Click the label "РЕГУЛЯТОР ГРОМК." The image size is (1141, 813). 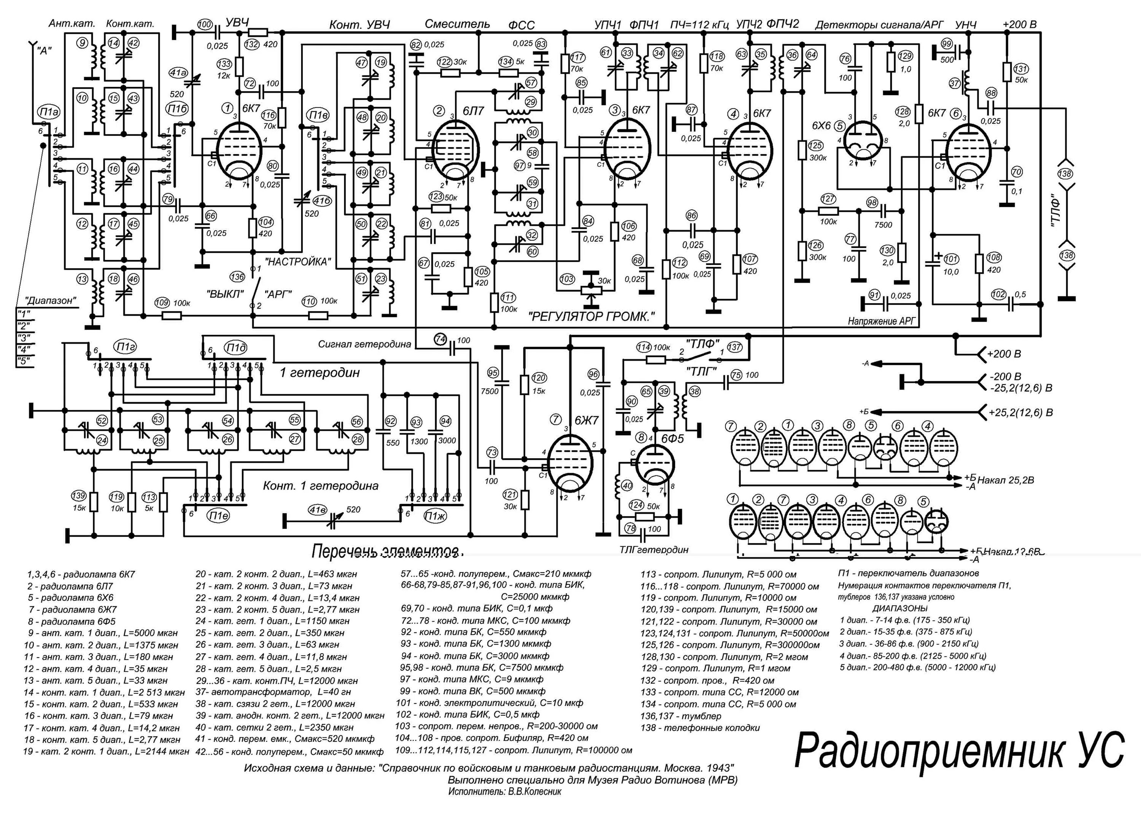(591, 316)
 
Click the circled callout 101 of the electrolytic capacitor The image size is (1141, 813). (951, 259)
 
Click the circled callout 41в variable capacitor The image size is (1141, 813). (316, 510)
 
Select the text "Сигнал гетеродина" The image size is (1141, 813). (364, 344)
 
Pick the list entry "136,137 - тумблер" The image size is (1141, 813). (681, 716)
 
